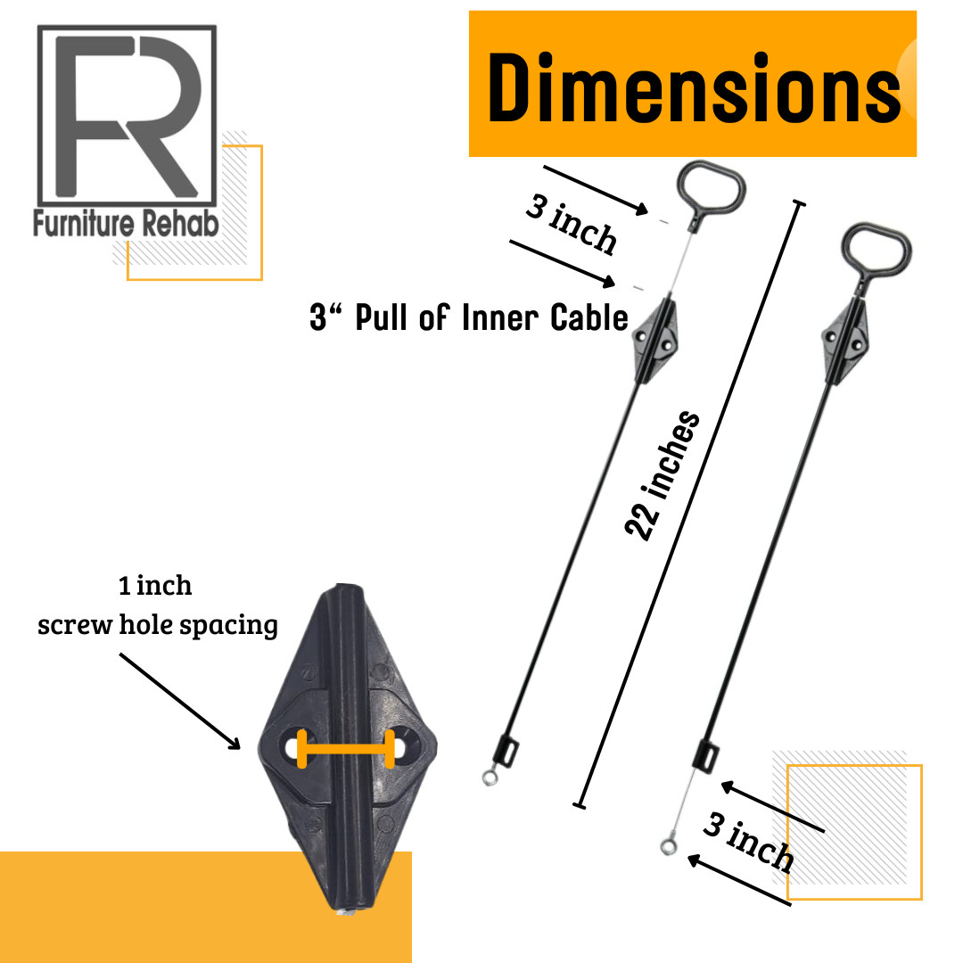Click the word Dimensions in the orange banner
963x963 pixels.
pyautogui.click(x=694, y=87)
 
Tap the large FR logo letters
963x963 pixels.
pyautogui.click(x=128, y=115)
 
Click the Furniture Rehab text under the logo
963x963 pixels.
pyautogui.click(x=126, y=223)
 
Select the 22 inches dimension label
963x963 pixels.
pyautogui.click(x=662, y=475)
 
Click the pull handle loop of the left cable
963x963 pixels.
pyautogui.click(x=711, y=186)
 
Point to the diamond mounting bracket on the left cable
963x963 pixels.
pyautogui.click(x=656, y=340)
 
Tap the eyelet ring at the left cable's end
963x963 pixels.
pyautogui.click(x=490, y=778)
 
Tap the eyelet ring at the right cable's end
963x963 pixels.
pyautogui.click(x=669, y=846)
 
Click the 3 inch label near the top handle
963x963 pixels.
pyautogui.click(x=572, y=224)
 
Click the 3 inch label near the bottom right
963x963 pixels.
pyautogui.click(x=748, y=842)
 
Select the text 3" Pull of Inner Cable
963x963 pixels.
pyautogui.click(x=469, y=317)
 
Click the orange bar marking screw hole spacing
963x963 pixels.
pyautogui.click(x=346, y=749)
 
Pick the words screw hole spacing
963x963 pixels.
pyautogui.click(x=157, y=625)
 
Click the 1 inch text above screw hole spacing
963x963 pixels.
pyautogui.click(x=155, y=585)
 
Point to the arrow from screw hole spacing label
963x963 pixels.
pyautogui.click(x=180, y=702)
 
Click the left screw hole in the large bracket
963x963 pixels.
pyautogui.click(x=294, y=747)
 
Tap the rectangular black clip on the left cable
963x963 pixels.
pyautogui.click(x=506, y=751)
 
